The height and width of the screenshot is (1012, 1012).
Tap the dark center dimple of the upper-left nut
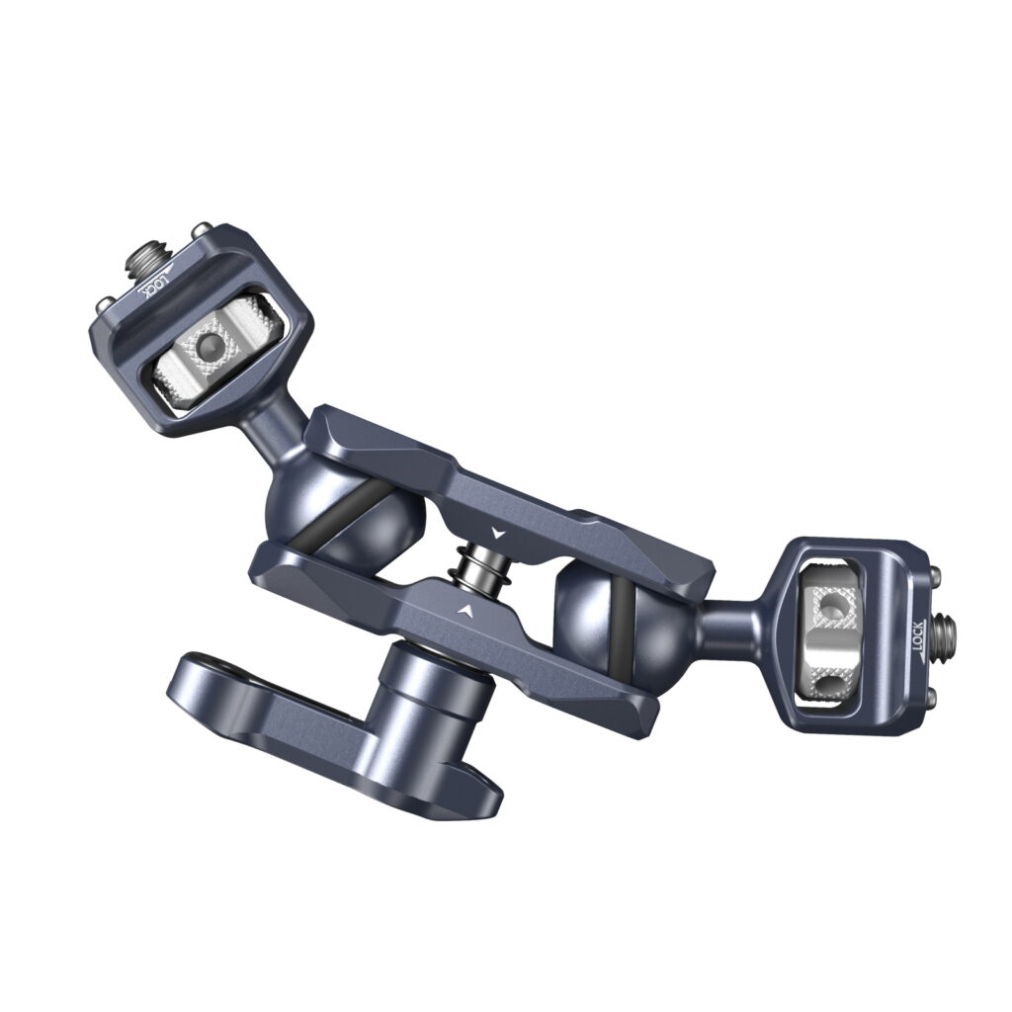point(209,347)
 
